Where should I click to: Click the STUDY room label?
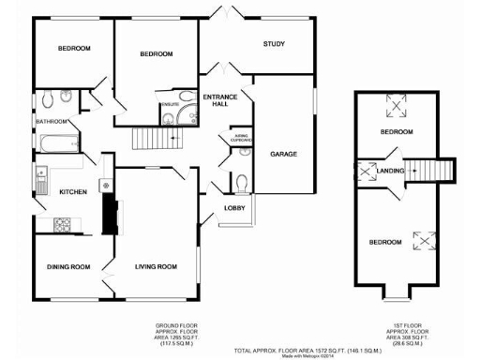[274, 44]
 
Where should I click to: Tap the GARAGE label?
[284, 153]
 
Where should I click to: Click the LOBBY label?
[234, 207]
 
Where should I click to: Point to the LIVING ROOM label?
[155, 267]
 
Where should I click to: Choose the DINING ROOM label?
[68, 267]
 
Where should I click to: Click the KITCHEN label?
[73, 191]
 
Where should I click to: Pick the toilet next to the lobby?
[242, 181]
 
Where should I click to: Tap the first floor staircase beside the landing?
[434, 171]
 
